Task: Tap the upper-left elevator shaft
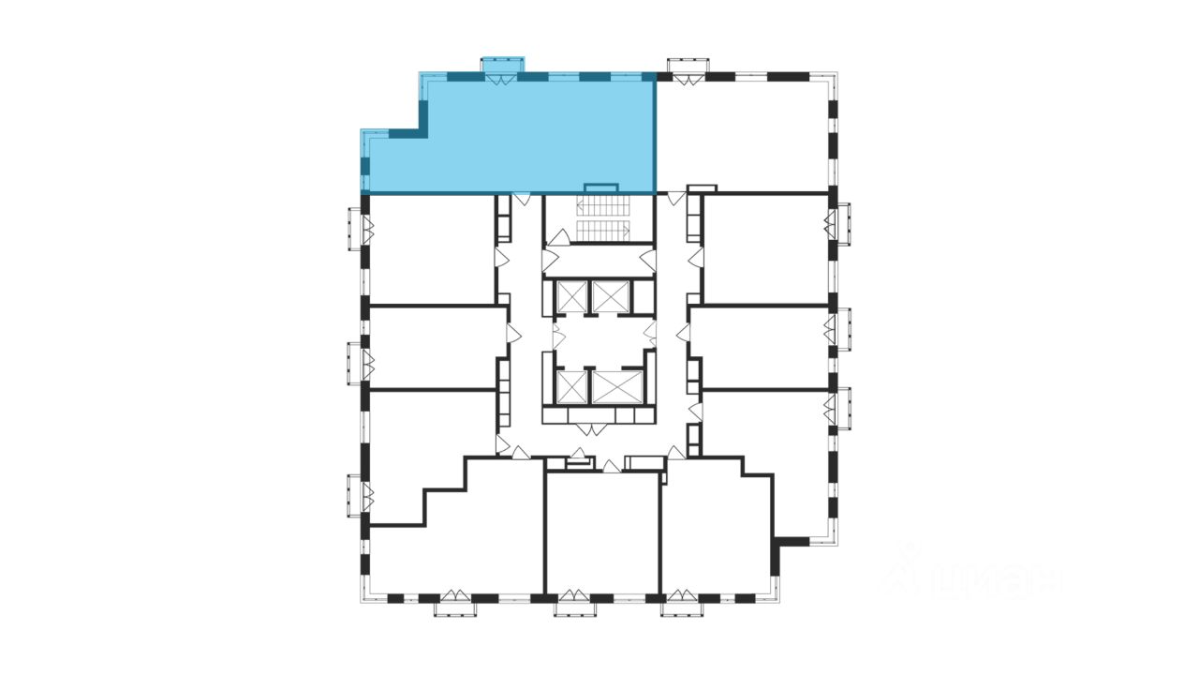point(570,296)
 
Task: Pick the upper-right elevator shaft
point(612,296)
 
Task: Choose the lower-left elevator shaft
point(570,386)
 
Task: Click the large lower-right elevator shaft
point(616,386)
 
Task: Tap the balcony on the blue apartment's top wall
point(501,65)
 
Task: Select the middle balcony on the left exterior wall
point(355,363)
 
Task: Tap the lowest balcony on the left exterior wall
point(355,494)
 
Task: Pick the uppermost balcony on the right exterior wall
point(842,225)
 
